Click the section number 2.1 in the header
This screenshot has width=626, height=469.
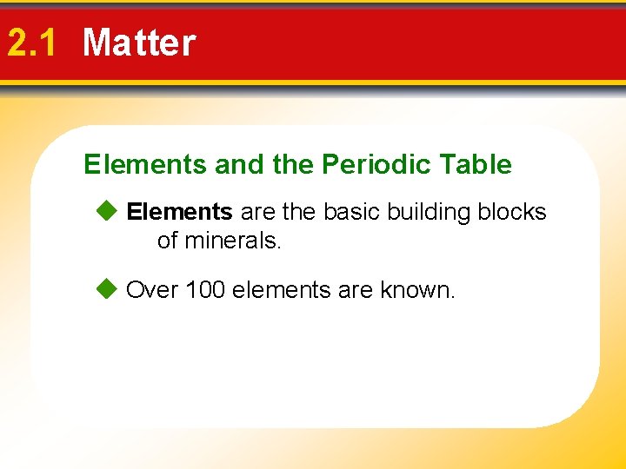coord(31,43)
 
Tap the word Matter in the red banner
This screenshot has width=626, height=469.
coord(139,43)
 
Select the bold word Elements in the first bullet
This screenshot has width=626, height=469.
coord(179,212)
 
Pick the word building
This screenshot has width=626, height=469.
coord(430,212)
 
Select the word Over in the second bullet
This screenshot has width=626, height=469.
coord(152,290)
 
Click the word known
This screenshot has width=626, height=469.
coord(417,290)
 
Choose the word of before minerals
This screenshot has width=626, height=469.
coord(167,241)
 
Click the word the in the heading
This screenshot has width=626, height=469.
coord(293,164)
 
